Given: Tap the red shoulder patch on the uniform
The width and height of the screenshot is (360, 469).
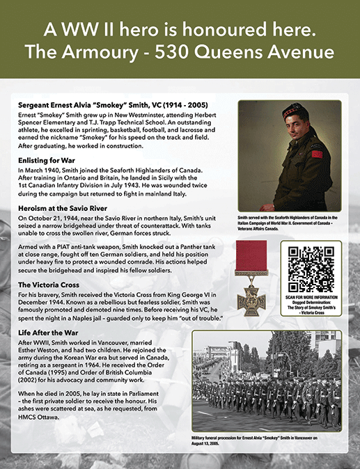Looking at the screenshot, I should coord(317,152).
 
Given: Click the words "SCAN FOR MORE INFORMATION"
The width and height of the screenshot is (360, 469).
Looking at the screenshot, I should coord(311,300).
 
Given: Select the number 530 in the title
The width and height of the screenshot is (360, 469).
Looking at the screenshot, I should coord(201,52).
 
